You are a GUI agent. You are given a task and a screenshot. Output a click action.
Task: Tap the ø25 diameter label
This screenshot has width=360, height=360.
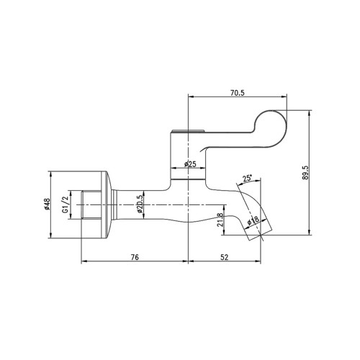(x=189, y=165)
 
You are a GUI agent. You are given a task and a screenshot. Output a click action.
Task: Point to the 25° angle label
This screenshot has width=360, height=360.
(x=248, y=178)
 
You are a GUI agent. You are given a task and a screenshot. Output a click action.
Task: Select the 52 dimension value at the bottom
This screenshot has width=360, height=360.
(x=224, y=256)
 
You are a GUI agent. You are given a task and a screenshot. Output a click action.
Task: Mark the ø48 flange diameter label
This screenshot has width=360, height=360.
(x=48, y=204)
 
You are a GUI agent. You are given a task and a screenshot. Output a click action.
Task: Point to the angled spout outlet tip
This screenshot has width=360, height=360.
(x=263, y=230)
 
